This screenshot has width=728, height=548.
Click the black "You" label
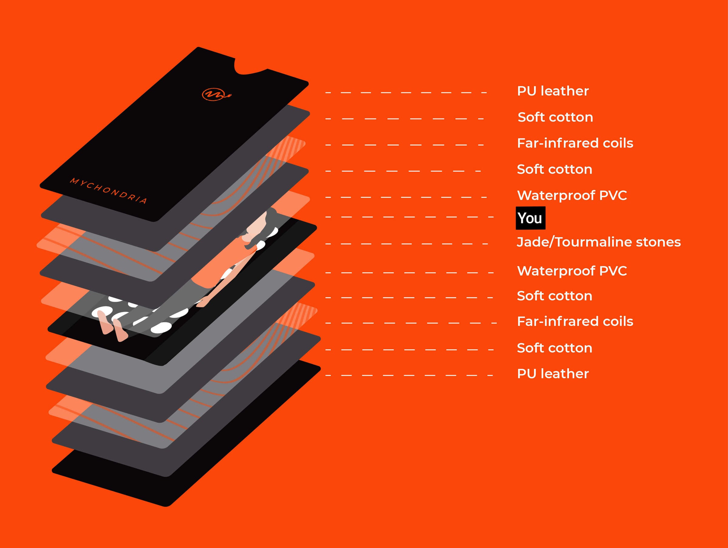tap(530, 218)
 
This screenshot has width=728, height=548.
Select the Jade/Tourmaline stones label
tap(598, 242)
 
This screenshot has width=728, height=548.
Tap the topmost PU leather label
tap(553, 91)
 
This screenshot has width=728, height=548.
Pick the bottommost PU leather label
tap(553, 374)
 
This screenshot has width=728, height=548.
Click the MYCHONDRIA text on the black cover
tap(109, 191)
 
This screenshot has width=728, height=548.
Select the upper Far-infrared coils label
tap(575, 143)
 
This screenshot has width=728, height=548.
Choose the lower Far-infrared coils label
tap(575, 321)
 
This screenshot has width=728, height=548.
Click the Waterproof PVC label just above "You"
tap(572, 195)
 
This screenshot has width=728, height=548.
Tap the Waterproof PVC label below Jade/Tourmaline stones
tap(572, 271)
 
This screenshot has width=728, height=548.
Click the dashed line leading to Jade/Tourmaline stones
tap(406, 244)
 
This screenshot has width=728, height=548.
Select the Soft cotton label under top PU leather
tap(555, 117)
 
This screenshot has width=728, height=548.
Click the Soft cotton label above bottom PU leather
tap(554, 348)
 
